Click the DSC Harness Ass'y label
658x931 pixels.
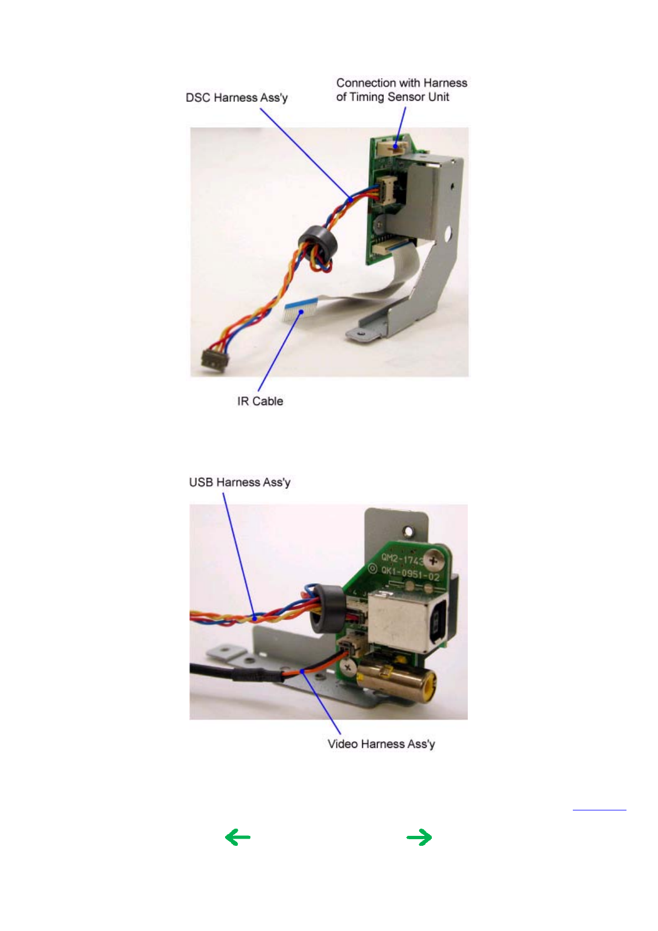[237, 98]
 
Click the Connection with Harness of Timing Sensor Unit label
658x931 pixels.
[401, 90]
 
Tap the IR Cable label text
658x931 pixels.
[260, 401]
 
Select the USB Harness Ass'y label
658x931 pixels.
[239, 482]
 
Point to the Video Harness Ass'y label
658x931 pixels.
[381, 744]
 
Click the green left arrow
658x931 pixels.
[238, 837]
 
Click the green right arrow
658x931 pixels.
[419, 837]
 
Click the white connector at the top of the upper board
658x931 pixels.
[392, 147]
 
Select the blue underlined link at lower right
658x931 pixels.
[599, 809]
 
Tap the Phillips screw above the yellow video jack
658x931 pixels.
[348, 667]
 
